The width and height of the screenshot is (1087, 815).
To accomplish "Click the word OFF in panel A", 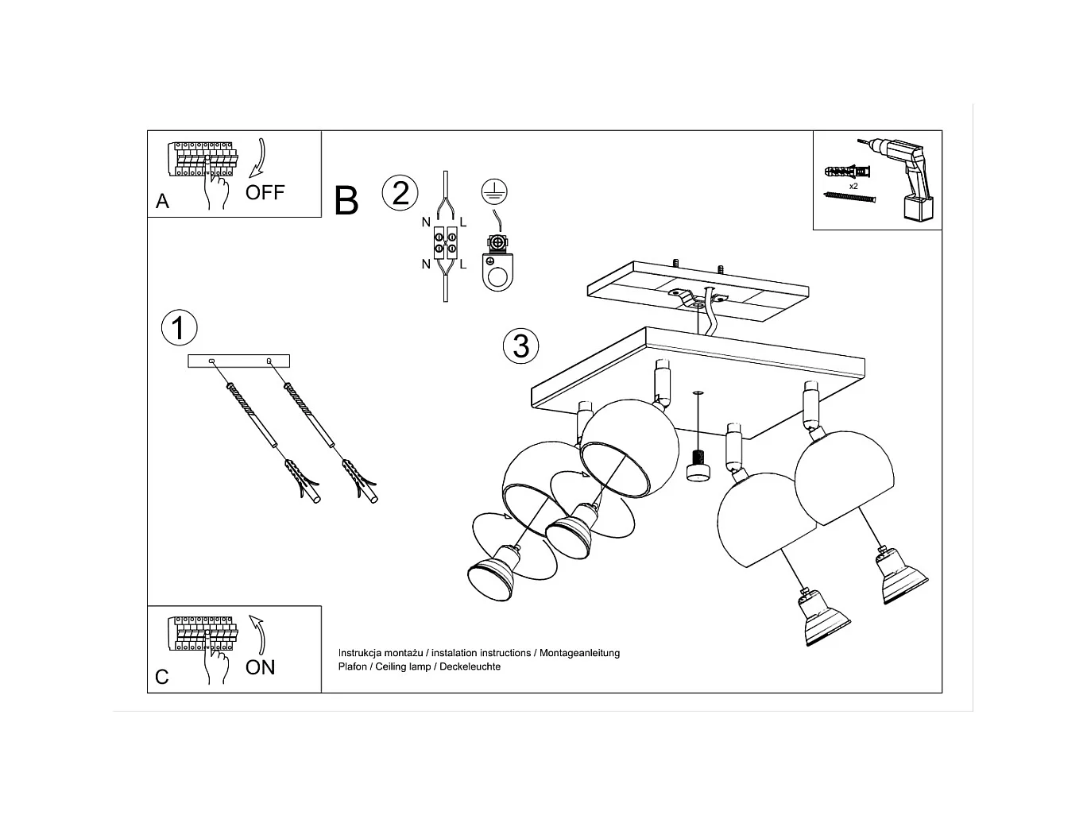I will pos(265,192).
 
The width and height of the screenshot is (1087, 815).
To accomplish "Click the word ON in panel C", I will pos(260,667).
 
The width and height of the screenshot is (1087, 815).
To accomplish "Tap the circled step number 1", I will pos(179,328).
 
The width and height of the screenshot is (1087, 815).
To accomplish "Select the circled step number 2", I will pos(400,193).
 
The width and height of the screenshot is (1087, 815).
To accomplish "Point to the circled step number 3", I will pos(521,346).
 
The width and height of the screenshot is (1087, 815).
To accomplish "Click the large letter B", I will pos(346,201).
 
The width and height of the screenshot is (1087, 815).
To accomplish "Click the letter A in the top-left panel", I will pos(162,202).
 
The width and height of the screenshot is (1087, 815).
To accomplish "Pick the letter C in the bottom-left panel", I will pos(162,677).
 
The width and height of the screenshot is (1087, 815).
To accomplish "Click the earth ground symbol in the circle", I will pos(494,191).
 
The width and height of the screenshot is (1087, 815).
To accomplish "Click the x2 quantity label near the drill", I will pos(853,186).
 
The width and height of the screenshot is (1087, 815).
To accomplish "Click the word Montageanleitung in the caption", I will pos(579,653).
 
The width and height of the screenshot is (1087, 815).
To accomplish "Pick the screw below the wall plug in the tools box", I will pos(850,196).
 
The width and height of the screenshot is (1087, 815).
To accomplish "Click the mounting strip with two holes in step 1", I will pos(239,361).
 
